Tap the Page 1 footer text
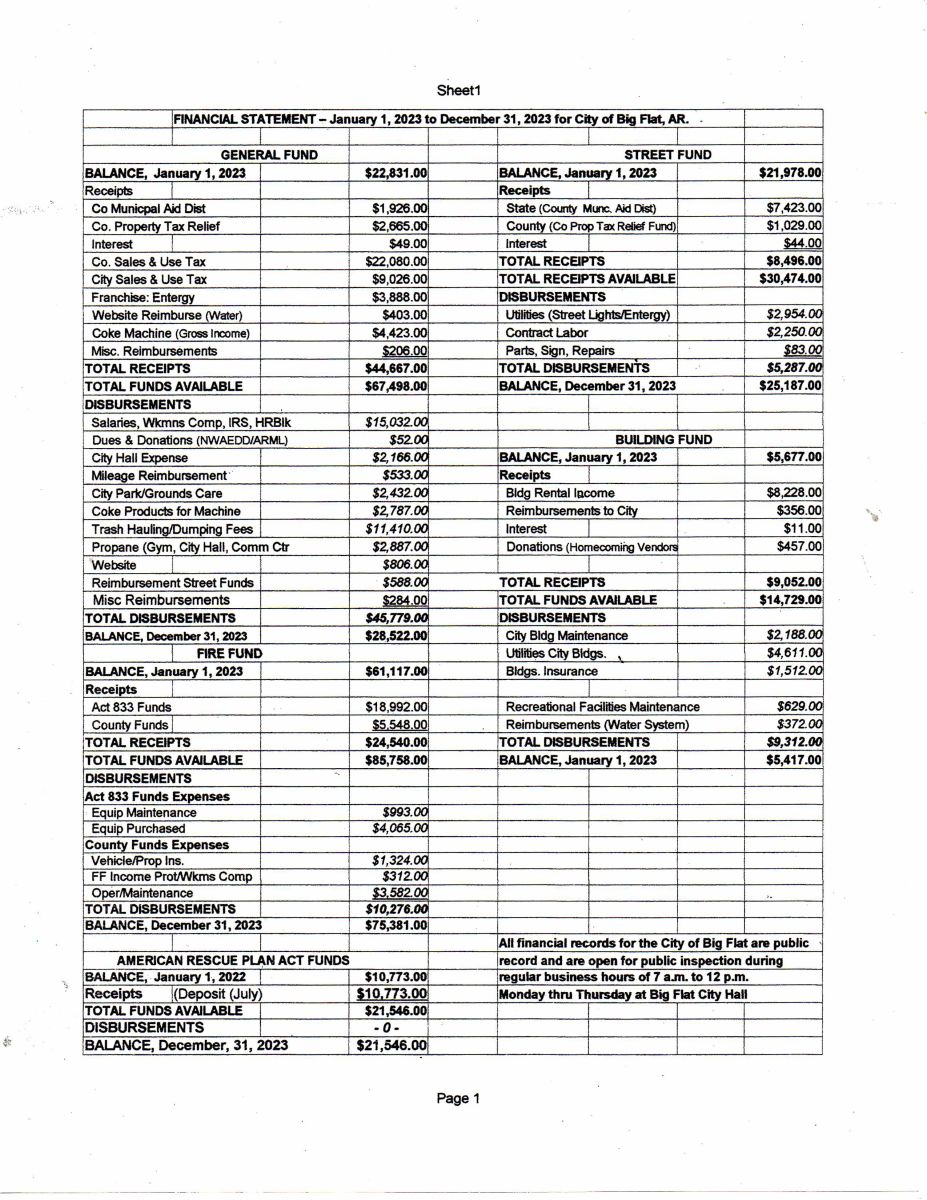click(458, 1098)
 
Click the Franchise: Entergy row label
click(143, 297)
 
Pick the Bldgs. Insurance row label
click(552, 671)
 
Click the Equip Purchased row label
click(138, 828)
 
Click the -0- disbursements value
click(387, 1027)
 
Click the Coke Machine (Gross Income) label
click(170, 333)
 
